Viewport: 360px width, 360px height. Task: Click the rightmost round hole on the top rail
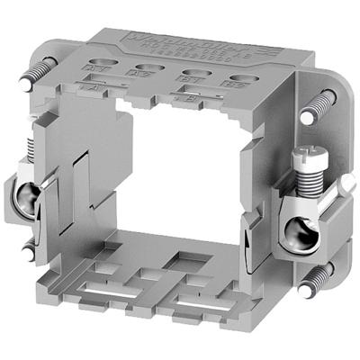point(240,78)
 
